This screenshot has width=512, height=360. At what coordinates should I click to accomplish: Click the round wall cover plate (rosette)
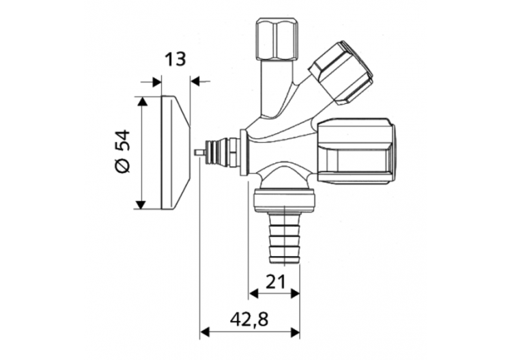pos(173,152)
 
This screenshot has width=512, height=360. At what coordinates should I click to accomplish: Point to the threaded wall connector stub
pos(223,151)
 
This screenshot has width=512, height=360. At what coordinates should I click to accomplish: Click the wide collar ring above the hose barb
pos(284,200)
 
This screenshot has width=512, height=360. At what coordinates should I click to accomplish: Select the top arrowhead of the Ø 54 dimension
pos(141,102)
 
